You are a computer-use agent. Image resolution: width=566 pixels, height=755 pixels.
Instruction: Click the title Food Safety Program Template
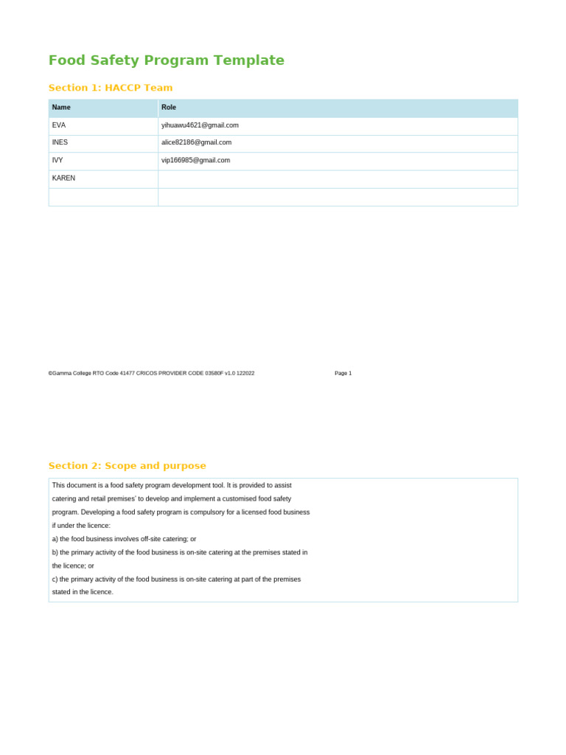coord(166,60)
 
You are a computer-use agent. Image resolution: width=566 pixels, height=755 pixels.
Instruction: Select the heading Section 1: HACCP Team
coord(111,88)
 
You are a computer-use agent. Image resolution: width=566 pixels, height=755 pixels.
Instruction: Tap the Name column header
coord(61,108)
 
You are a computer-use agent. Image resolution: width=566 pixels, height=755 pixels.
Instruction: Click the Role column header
coord(169,108)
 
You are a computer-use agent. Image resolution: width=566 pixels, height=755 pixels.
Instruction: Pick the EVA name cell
coord(59,125)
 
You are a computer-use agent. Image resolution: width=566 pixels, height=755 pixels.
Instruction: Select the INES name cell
coord(60,142)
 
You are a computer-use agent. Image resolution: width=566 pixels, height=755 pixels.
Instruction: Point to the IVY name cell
coord(57,160)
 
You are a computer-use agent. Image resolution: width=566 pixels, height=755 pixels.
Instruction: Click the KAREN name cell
coord(63,178)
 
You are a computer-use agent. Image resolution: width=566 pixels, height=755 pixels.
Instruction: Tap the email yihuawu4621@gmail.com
coord(200,125)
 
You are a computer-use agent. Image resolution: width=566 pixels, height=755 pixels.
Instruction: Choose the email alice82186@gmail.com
coord(196,142)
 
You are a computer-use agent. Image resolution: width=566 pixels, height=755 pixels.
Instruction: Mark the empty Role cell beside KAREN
coord(338,178)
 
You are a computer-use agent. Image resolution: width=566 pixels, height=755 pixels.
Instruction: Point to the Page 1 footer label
coord(343,373)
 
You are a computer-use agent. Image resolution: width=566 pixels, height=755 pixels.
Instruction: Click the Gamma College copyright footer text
coord(151,373)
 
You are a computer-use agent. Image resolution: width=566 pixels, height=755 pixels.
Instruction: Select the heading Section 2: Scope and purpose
coord(127,466)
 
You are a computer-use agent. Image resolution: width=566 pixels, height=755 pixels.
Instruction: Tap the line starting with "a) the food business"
coord(124,539)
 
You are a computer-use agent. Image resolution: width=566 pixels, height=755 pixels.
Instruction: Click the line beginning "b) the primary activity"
coord(180,552)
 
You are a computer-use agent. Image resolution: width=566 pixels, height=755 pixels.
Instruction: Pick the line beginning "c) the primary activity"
coord(176,580)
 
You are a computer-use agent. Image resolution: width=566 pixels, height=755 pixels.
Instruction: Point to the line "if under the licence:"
coord(81,526)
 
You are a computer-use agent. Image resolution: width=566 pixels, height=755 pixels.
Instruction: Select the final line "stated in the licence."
coord(83,592)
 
